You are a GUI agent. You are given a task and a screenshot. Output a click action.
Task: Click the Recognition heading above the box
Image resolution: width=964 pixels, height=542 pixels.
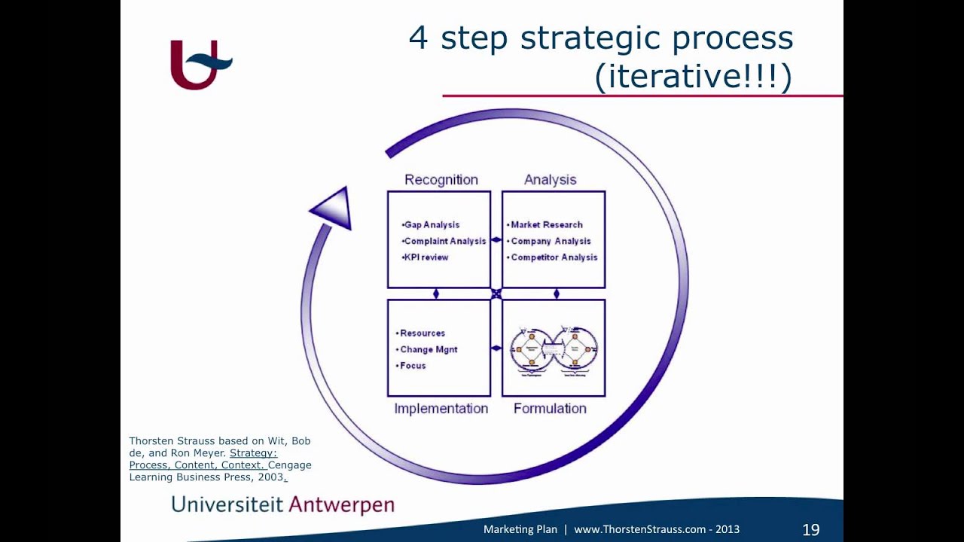click(441, 180)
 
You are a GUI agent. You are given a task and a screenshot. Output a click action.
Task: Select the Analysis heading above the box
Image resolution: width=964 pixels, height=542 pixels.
click(550, 180)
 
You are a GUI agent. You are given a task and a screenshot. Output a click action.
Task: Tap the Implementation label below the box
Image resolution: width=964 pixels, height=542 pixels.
click(441, 409)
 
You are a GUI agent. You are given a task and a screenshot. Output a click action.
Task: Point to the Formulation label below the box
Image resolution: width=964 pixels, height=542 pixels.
click(550, 409)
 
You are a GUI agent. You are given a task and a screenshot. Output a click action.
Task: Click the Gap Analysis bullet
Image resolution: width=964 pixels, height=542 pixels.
click(431, 225)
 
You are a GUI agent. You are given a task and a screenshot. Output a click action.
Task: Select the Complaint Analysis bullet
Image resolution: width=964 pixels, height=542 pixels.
click(444, 242)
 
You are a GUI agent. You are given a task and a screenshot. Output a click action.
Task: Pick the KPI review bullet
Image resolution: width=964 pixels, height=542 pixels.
click(426, 257)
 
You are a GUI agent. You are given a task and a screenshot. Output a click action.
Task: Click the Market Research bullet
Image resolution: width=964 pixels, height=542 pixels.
click(546, 225)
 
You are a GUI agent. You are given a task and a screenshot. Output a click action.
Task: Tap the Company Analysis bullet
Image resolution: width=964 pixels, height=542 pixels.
click(551, 242)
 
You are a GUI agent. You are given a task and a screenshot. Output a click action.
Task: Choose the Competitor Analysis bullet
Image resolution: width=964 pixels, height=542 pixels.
click(554, 257)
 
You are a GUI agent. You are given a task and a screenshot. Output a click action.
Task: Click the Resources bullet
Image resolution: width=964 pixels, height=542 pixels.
click(422, 333)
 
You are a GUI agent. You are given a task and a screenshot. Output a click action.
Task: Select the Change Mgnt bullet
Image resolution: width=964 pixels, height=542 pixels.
click(428, 350)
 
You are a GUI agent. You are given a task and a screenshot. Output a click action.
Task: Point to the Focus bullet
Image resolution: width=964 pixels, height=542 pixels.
click(412, 366)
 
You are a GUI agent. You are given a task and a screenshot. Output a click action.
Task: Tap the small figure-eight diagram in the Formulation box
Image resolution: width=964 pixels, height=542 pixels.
click(554, 349)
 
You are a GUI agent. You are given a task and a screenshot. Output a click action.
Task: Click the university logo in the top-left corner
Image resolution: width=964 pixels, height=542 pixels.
click(200, 65)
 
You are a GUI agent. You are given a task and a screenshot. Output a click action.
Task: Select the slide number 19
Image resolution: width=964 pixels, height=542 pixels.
click(810, 530)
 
